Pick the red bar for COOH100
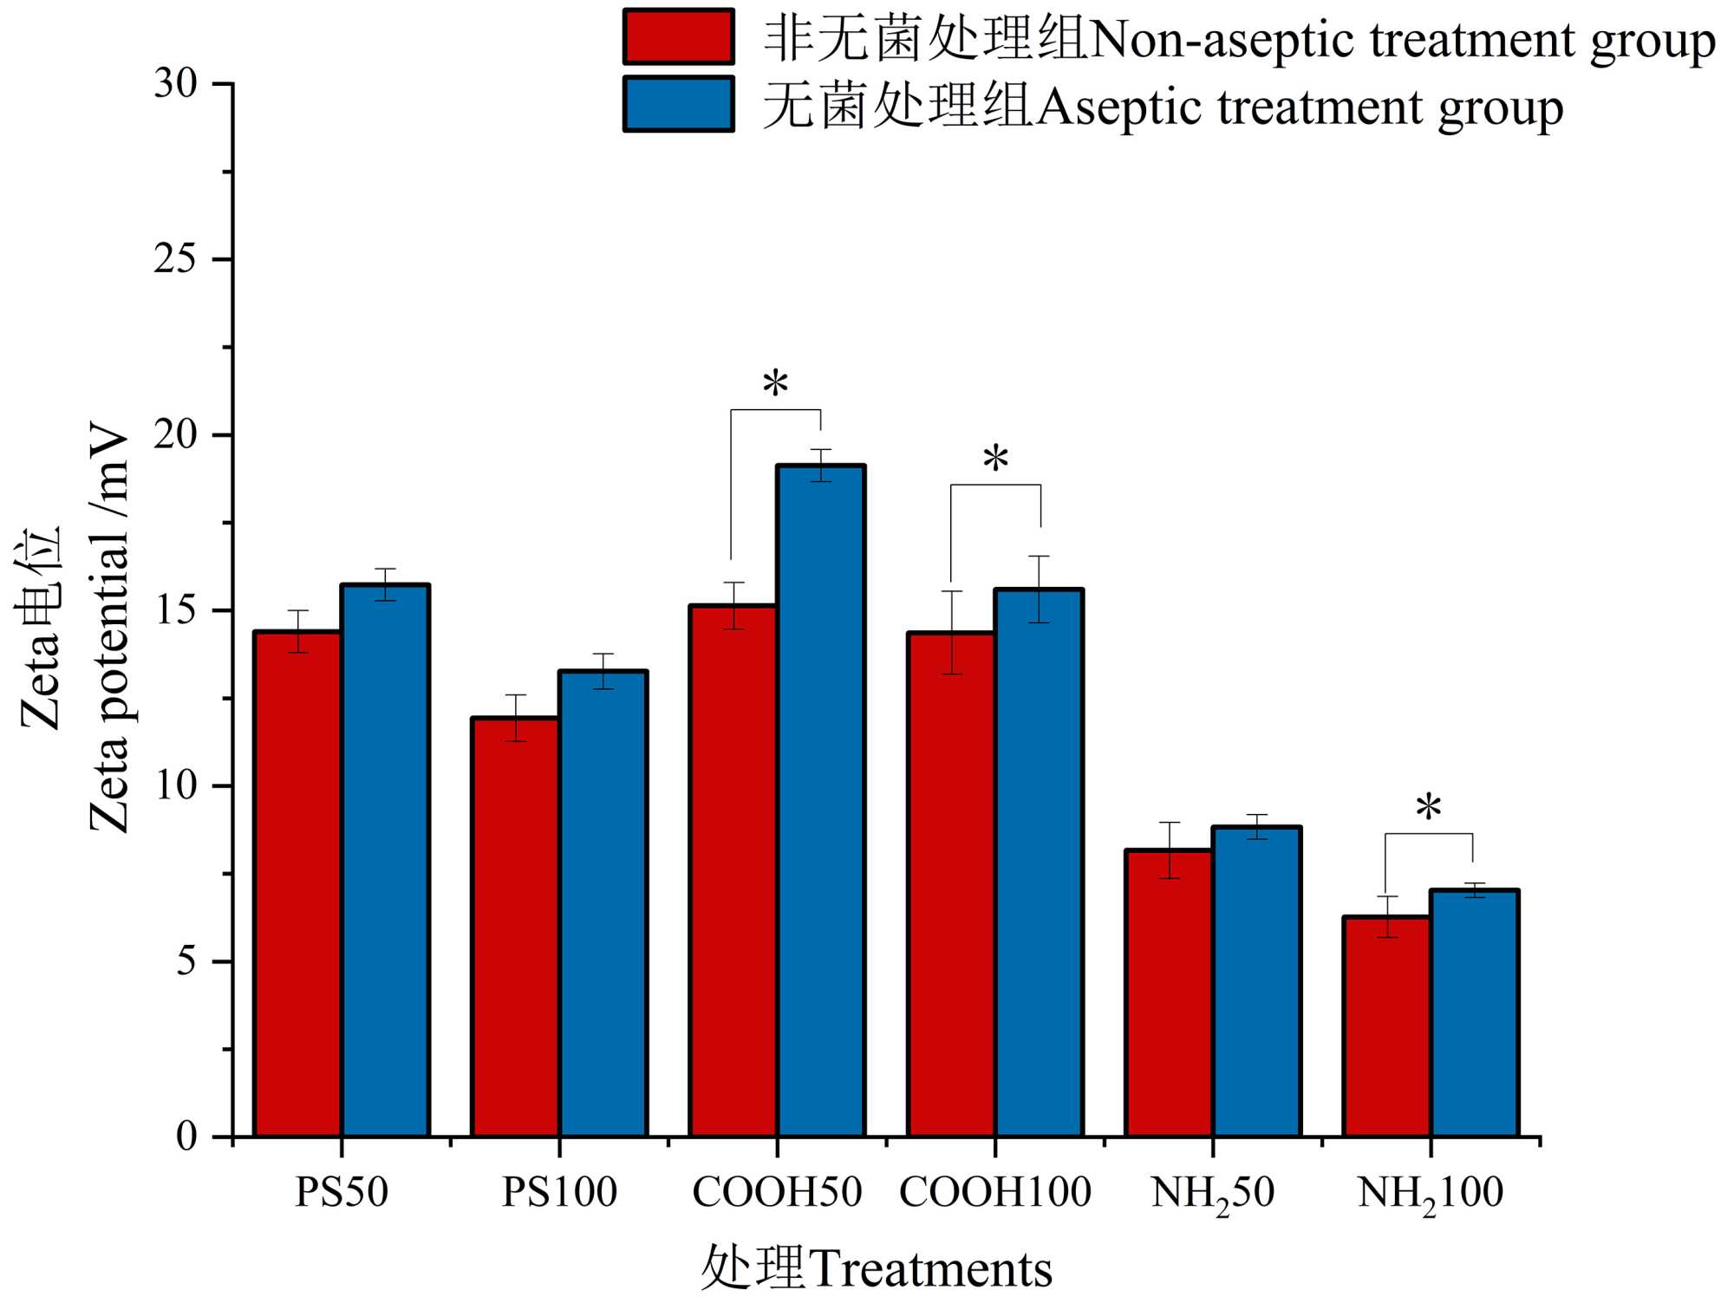tap(951, 883)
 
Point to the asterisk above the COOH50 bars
tap(775, 384)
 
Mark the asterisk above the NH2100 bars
tap(1428, 809)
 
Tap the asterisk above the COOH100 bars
tap(995, 459)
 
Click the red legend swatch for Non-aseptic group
tap(679, 37)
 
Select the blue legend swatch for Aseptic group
tap(679, 105)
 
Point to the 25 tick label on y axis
tap(176, 259)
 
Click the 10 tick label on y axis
tap(176, 785)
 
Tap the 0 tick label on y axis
tap(186, 1136)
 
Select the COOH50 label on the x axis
tap(777, 1192)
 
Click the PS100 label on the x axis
tap(559, 1192)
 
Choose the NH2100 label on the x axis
tap(1430, 1194)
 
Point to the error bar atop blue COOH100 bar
tap(1039, 589)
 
